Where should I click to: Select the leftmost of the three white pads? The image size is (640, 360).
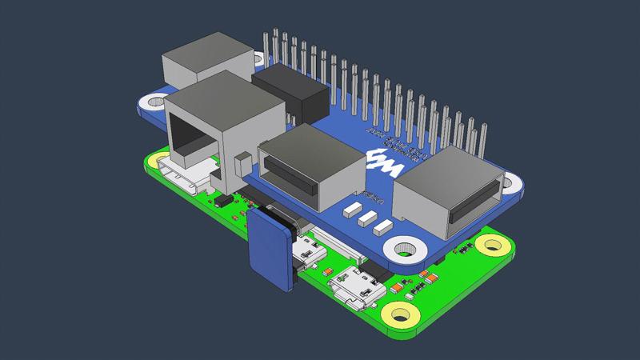(x=350, y=210)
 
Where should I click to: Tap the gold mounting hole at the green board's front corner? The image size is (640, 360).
(x=396, y=314)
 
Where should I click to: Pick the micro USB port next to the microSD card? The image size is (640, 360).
(x=308, y=253)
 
